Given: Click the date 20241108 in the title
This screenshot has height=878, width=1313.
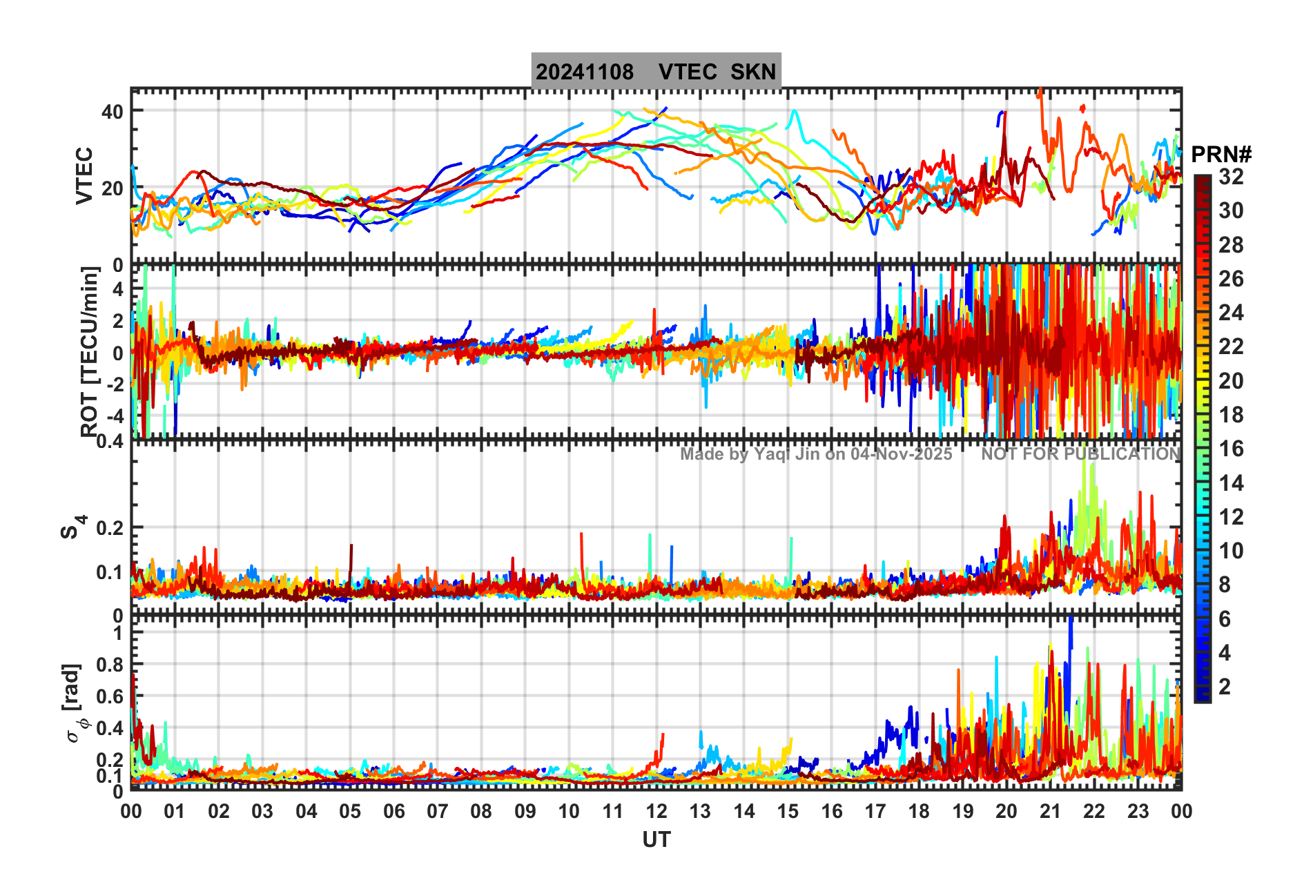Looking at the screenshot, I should tap(584, 72).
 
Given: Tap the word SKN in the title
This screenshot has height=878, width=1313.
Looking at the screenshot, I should tap(753, 72).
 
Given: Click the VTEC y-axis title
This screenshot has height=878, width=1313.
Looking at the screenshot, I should tap(84, 175).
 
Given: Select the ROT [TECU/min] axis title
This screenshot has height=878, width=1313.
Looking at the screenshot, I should tap(89, 351).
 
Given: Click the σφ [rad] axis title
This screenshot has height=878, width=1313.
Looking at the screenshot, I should tap(75, 703).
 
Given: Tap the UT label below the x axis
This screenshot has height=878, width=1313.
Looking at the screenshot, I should tap(656, 839).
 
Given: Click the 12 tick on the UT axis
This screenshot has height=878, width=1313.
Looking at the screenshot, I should tap(656, 811).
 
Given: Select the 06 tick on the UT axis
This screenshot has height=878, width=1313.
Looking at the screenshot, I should tap(394, 811).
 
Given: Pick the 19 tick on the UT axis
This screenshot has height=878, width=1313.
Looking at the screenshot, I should tap(963, 811).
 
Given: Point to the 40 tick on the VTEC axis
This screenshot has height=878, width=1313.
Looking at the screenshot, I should tap(112, 111).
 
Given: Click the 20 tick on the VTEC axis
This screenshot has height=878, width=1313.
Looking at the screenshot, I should tap(112, 188).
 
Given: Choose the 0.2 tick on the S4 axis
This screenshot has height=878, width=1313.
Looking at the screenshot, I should tap(108, 528).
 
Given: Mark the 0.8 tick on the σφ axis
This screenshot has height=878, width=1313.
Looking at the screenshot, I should tap(108, 665).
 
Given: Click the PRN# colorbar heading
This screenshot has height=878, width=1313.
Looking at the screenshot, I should tap(1221, 155).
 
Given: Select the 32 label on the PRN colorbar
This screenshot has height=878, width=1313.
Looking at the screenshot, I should tap(1231, 177).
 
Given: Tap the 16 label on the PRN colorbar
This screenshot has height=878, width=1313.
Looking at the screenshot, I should tap(1231, 449).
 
